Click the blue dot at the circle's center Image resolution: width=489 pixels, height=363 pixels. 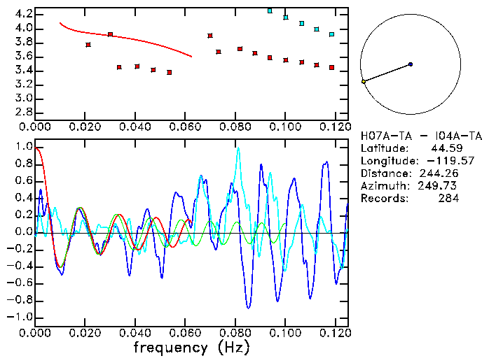[x=411, y=64]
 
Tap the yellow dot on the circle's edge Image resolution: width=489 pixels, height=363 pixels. [x=363, y=82]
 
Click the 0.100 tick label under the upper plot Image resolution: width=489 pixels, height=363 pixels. [x=285, y=127]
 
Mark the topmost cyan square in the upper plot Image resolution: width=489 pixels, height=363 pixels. [x=270, y=11]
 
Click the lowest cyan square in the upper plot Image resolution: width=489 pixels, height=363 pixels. [x=331, y=34]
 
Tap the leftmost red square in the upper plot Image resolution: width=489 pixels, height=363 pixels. [x=88, y=45]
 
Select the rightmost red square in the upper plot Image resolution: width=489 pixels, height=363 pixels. [x=331, y=68]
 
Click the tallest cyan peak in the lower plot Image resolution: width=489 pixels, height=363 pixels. [x=238, y=148]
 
